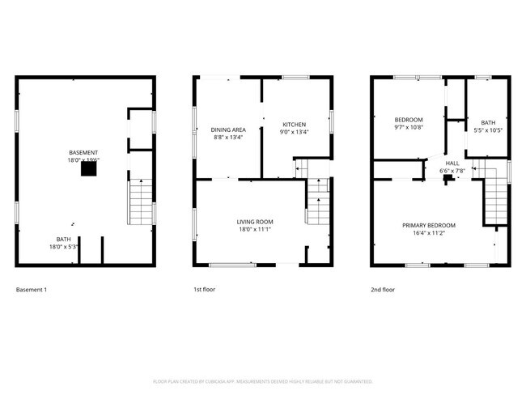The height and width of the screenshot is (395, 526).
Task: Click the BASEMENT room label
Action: click(x=84, y=153)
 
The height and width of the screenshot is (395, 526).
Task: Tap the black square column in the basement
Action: click(x=86, y=169)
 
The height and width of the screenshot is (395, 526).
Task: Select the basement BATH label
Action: click(x=63, y=240)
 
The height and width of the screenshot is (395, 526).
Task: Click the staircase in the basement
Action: click(x=140, y=202)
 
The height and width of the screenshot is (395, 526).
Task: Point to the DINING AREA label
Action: click(x=227, y=130)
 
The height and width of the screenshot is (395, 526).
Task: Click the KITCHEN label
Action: click(x=294, y=125)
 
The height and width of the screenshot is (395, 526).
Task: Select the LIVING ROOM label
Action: click(x=254, y=222)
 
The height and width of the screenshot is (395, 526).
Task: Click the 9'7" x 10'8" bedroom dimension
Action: click(x=408, y=127)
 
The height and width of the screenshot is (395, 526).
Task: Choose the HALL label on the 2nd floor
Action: click(x=452, y=163)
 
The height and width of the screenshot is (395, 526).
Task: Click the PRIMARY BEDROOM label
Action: click(x=429, y=225)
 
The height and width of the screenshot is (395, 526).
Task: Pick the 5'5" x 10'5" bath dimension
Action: click(x=488, y=130)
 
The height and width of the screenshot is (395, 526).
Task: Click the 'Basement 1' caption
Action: click(x=32, y=289)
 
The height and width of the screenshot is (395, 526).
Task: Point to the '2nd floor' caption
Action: click(x=383, y=289)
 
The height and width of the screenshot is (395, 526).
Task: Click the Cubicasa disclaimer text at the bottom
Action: click(x=262, y=381)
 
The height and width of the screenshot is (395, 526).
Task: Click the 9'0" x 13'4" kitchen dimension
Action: click(x=294, y=132)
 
